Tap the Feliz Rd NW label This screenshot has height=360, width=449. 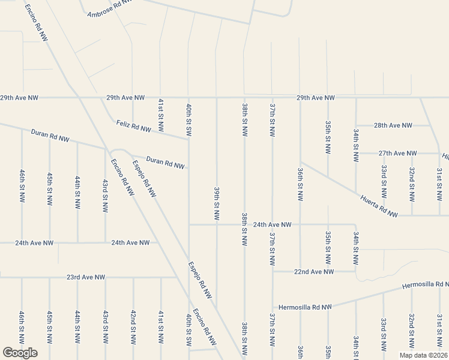(133, 127)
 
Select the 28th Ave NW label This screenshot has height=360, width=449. (393, 125)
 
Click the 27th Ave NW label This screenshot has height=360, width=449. (397, 154)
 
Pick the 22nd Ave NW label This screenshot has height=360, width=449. (313, 272)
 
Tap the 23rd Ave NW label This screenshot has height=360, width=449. (85, 277)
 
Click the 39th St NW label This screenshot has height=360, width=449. (216, 202)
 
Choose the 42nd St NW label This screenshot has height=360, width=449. (133, 326)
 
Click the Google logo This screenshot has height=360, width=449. (20, 353)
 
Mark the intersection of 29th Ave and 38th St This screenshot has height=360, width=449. (244, 97)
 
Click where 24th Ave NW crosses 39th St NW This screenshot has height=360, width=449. (217, 225)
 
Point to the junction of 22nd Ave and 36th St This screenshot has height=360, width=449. (300, 271)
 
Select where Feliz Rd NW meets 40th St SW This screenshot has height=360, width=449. (188, 139)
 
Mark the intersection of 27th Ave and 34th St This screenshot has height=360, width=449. (356, 154)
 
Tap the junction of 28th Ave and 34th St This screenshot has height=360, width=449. (356, 125)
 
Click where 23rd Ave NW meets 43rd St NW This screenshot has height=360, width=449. (105, 277)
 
